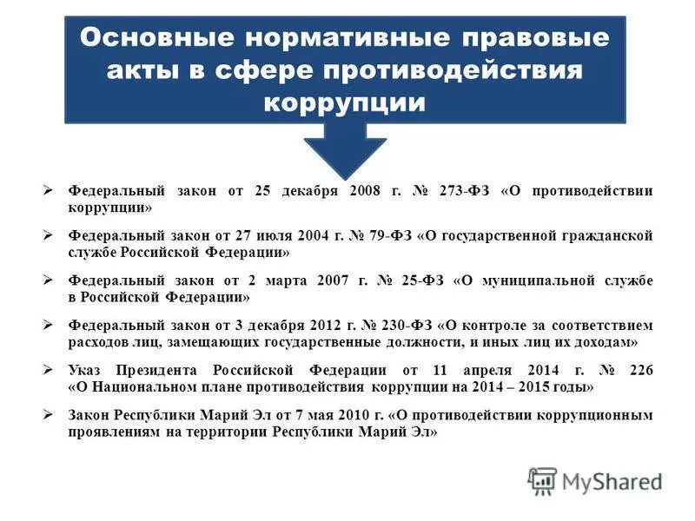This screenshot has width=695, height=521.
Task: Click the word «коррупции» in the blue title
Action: (345, 102)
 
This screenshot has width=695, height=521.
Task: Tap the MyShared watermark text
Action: (612, 481)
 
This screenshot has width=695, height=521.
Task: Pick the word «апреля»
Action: (506, 370)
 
